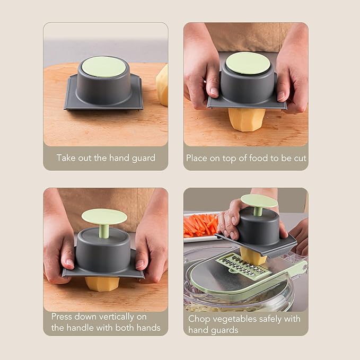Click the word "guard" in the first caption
144,158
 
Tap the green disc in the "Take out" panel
104,67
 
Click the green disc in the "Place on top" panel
248,63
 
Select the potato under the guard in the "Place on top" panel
247,120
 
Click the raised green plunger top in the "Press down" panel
104,216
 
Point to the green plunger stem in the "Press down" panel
104,231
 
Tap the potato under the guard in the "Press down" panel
102,284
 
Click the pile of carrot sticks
200,225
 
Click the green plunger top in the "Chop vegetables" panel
259,201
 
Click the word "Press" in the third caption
61,317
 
